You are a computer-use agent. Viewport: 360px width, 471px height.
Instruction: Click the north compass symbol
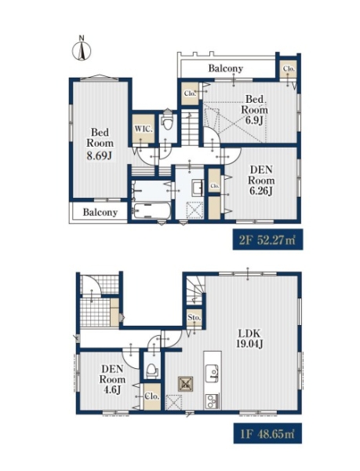click(82, 49)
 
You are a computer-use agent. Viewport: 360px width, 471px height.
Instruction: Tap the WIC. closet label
click(144, 130)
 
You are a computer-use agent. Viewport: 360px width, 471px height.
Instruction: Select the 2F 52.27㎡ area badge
click(267, 239)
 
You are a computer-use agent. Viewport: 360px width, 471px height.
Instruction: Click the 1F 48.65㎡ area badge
click(267, 433)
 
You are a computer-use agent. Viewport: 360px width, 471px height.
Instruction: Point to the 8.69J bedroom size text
click(100, 155)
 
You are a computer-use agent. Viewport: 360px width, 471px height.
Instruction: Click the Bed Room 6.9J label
click(255, 109)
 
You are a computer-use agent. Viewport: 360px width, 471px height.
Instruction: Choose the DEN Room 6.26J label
click(261, 181)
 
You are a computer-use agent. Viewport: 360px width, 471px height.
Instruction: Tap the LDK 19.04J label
click(249, 338)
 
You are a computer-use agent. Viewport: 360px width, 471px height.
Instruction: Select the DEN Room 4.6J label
click(112, 379)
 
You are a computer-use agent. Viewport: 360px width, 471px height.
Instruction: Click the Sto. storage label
click(194, 317)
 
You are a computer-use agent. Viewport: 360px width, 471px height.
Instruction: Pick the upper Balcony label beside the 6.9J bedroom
click(226, 68)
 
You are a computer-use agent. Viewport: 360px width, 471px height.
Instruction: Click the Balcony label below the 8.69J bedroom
click(100, 213)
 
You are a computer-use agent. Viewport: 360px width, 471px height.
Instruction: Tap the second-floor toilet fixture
click(168, 121)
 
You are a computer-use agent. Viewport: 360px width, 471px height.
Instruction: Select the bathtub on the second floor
click(152, 211)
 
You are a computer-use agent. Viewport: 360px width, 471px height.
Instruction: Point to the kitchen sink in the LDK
click(213, 374)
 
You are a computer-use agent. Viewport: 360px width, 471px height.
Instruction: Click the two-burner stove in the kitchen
click(212, 400)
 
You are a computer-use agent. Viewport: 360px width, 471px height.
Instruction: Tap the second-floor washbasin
click(197, 188)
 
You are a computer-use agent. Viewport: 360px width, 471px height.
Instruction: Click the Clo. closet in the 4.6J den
click(152, 396)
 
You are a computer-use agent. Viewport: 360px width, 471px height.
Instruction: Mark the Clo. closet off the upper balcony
click(289, 68)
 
